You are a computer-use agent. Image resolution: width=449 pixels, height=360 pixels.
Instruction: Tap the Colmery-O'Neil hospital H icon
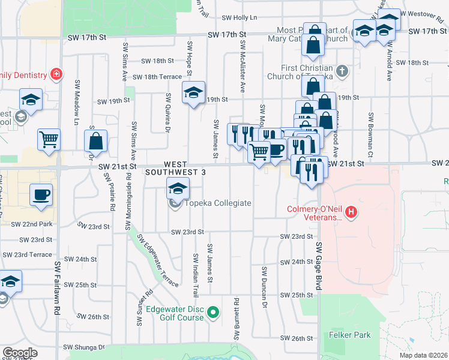[x=352, y=212]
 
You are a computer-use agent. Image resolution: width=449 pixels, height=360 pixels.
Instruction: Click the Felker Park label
[x=350, y=335]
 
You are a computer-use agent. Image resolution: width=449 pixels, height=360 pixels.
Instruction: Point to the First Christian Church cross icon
[x=342, y=71]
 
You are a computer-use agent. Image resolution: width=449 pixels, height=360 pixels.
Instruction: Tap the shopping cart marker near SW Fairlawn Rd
[x=49, y=140]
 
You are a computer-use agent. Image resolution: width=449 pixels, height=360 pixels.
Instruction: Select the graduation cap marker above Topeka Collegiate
[x=178, y=189]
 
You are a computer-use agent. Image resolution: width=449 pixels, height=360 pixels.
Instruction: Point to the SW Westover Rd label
[x=424, y=13]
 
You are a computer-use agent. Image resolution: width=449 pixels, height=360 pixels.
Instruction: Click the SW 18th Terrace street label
[x=157, y=77]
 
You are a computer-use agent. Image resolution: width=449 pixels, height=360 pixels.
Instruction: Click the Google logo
[x=20, y=353]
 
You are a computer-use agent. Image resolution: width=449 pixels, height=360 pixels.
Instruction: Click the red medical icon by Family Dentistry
[x=56, y=74]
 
